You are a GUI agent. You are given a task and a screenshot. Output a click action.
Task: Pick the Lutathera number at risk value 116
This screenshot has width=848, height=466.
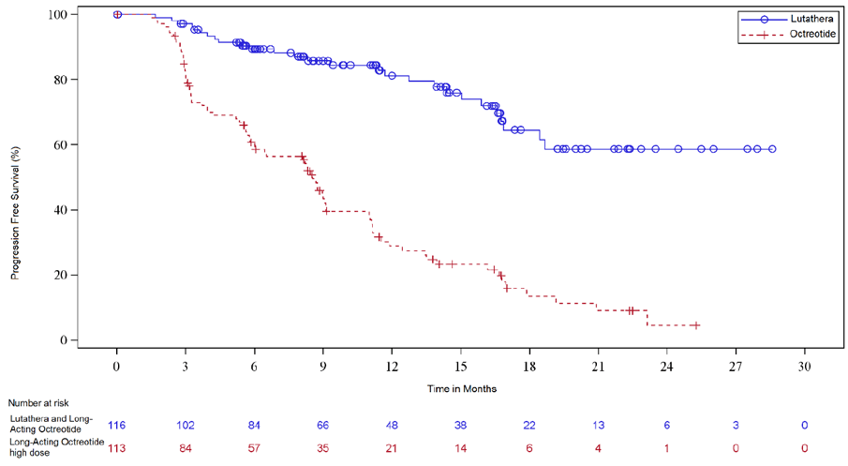[116, 425]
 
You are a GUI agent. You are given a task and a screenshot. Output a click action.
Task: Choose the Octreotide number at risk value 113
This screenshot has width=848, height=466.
[116, 448]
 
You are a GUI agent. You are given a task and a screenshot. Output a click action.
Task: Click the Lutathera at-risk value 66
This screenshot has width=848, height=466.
[323, 425]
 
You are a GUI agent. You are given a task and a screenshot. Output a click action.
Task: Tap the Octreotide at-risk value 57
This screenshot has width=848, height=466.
[254, 448]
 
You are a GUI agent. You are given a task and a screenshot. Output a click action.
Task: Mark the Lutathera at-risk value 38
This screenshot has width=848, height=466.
[460, 425]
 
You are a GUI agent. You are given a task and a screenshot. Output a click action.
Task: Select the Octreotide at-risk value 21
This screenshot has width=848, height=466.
[392, 448]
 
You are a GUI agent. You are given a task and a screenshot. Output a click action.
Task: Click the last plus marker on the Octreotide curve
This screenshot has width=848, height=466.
[695, 325]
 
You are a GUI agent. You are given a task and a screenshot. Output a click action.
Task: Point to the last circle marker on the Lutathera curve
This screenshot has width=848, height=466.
[772, 149]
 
